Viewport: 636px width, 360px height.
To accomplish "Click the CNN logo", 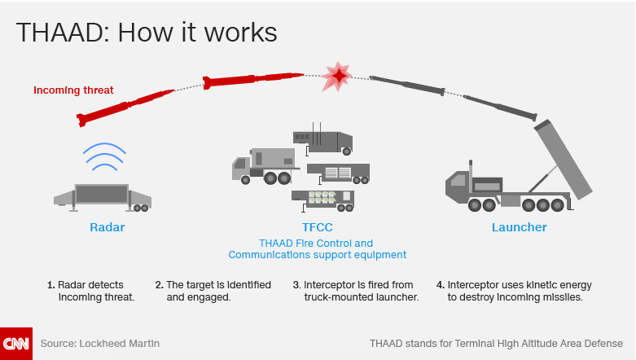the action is [16, 344].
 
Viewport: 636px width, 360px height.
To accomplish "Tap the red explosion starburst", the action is [337, 76].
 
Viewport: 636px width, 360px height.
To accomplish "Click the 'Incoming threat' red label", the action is [73, 90].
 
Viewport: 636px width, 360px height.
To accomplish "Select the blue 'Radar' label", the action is [107, 227].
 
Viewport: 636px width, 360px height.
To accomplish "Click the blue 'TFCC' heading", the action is [318, 227].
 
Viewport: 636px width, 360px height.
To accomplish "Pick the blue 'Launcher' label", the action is [520, 227].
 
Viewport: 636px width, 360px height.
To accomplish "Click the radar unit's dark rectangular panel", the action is [102, 194].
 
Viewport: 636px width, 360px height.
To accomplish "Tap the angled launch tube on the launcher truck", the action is [564, 160].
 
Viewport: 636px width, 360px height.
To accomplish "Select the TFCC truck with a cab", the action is [265, 166].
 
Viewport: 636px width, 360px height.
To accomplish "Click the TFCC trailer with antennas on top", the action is [322, 139].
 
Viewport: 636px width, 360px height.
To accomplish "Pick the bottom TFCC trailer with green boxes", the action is [322, 201].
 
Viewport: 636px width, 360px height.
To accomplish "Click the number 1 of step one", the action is [50, 285].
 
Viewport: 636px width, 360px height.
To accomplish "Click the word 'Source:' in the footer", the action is [59, 344].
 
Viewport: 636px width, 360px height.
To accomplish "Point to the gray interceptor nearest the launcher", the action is [500, 108].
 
